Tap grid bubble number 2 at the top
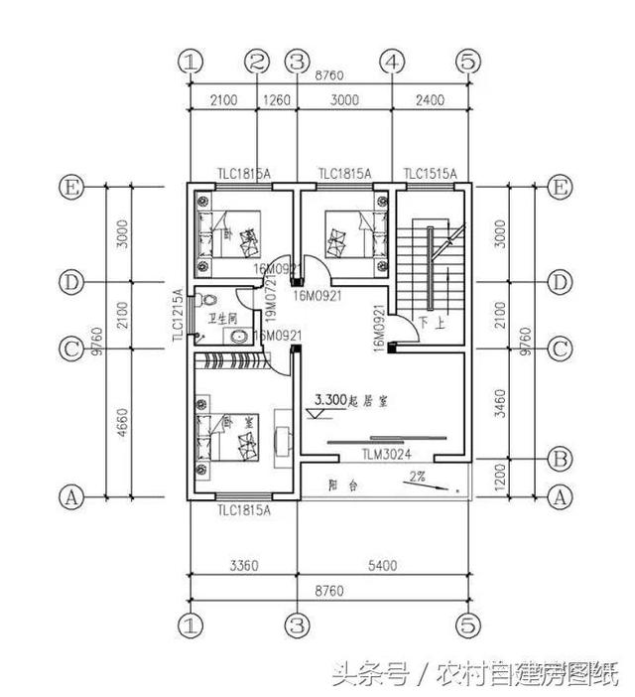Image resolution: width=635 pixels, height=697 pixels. (x=258, y=62)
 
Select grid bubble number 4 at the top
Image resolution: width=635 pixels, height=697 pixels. (x=394, y=62)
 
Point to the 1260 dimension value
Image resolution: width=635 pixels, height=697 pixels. (x=277, y=99)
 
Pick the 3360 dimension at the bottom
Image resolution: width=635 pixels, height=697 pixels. (x=243, y=566)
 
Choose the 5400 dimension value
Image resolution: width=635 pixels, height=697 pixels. (x=382, y=566)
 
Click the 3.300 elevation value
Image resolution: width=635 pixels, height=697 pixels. (x=330, y=399)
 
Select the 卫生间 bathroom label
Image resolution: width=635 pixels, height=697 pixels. (x=222, y=319)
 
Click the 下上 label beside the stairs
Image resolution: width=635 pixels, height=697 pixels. (x=431, y=323)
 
